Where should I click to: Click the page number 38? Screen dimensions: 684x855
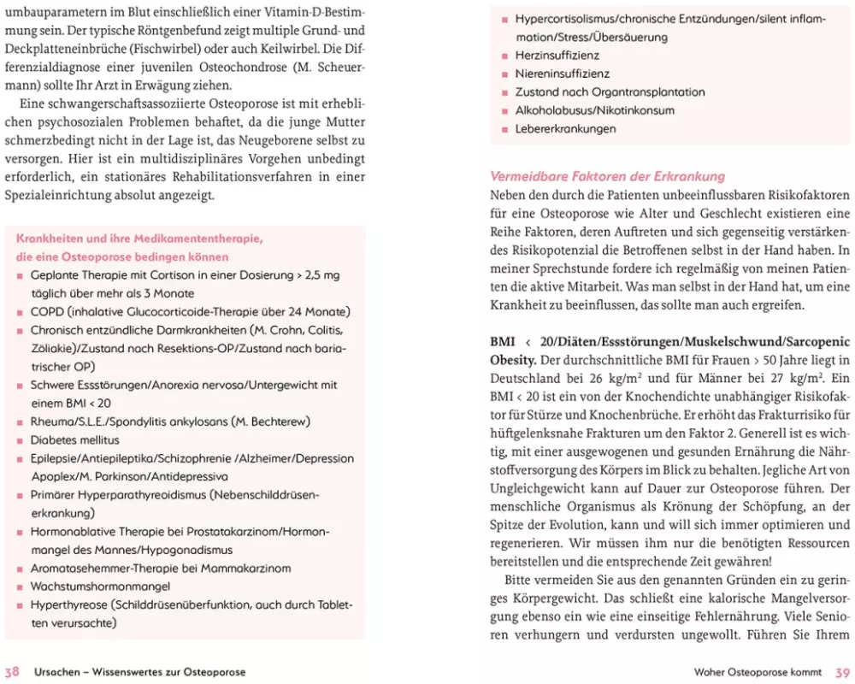12,672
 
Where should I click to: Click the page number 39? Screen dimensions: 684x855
842,672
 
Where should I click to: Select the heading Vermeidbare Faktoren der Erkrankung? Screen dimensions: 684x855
607,177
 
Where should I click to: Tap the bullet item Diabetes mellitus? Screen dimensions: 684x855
71,440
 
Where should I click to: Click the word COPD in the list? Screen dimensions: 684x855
46,312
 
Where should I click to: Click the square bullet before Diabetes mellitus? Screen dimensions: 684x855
21,441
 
